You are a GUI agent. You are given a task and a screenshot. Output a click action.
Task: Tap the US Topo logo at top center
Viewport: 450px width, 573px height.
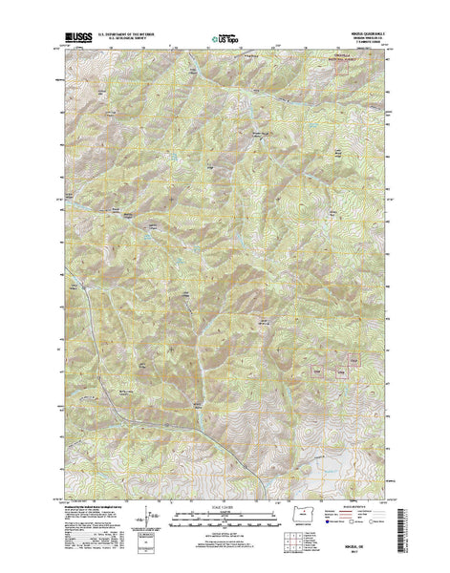(225, 41)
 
